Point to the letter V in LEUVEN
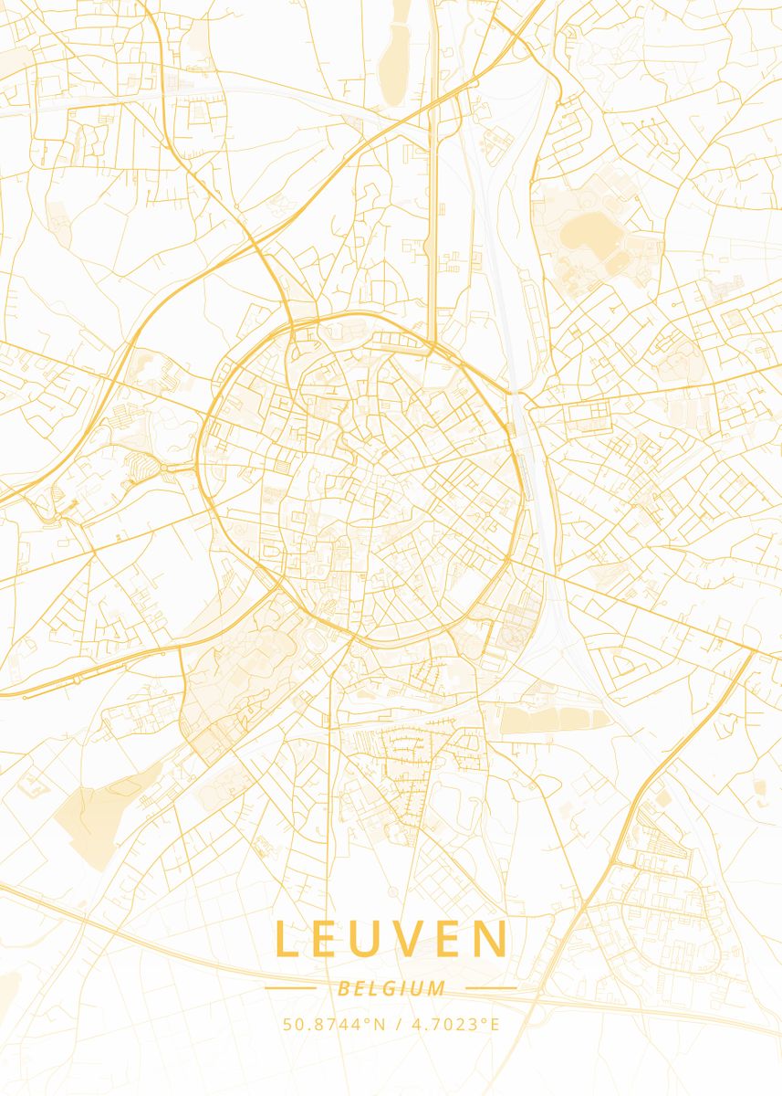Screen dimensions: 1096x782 click(417, 940)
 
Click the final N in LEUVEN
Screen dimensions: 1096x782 click(493, 940)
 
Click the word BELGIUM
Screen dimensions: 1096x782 click(391, 988)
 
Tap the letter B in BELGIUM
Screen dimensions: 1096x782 click(342, 988)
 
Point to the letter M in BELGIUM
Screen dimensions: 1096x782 click(438, 988)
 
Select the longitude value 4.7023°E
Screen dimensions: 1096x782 click(455, 1024)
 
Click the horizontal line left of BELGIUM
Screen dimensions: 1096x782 click(290, 988)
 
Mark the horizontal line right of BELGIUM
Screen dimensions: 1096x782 click(491, 988)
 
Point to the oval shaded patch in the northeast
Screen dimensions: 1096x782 click(591, 234)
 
